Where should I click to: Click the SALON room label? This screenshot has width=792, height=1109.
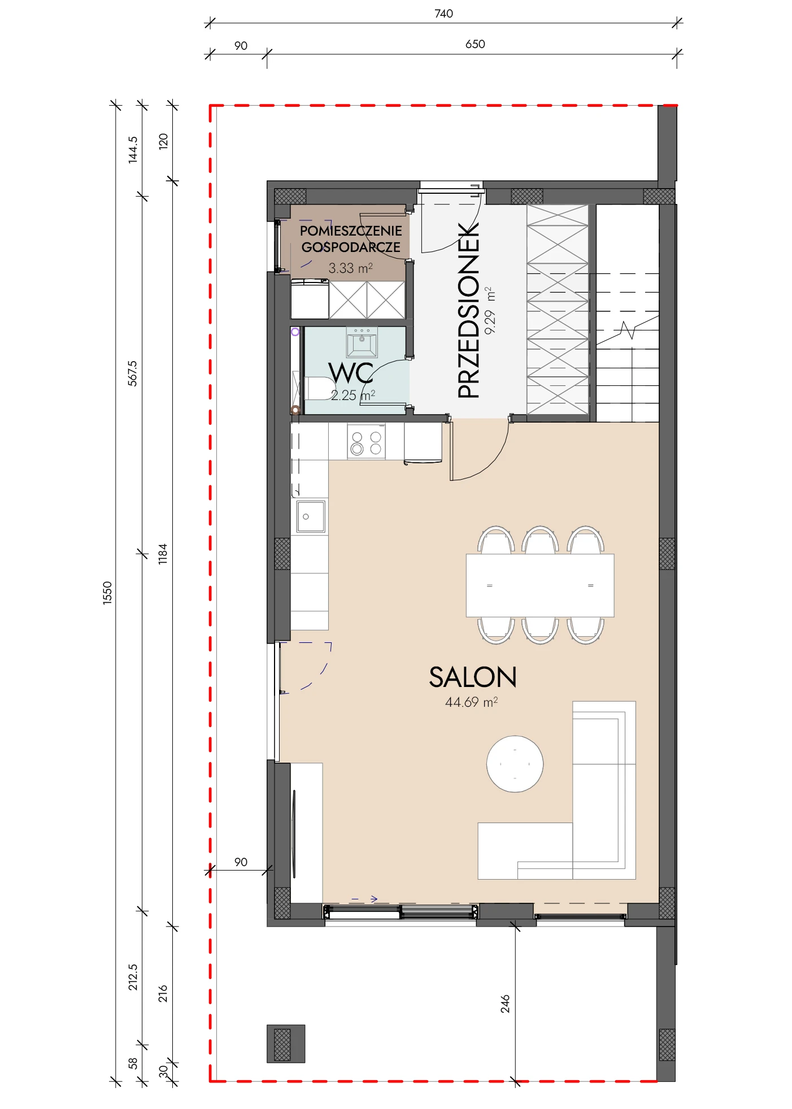[x=473, y=677]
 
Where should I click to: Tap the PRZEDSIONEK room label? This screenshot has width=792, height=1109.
[x=468, y=310]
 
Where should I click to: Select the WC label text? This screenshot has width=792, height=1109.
[x=351, y=373]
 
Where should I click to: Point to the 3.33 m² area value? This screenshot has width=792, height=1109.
[x=351, y=268]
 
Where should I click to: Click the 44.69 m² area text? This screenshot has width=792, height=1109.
[x=472, y=702]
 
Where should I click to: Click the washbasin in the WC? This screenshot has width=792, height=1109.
[x=362, y=342]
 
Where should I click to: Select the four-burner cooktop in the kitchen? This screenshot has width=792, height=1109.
[x=366, y=442]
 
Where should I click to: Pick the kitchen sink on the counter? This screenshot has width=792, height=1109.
[x=310, y=516]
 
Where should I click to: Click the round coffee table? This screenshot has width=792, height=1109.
[x=515, y=764]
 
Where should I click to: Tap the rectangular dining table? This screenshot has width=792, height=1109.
[x=539, y=585]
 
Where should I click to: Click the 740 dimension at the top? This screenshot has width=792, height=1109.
[x=443, y=14]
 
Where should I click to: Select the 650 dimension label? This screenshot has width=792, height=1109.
[x=475, y=44]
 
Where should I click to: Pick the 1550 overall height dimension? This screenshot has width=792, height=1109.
[x=107, y=593]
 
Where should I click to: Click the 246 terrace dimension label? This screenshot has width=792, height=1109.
[x=505, y=1004]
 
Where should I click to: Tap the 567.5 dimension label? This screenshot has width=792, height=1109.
[x=132, y=373]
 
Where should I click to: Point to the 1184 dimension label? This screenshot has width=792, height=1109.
[x=163, y=554]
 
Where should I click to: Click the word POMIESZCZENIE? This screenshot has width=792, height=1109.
[x=351, y=231]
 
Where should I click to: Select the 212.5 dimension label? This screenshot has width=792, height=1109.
[x=132, y=977]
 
